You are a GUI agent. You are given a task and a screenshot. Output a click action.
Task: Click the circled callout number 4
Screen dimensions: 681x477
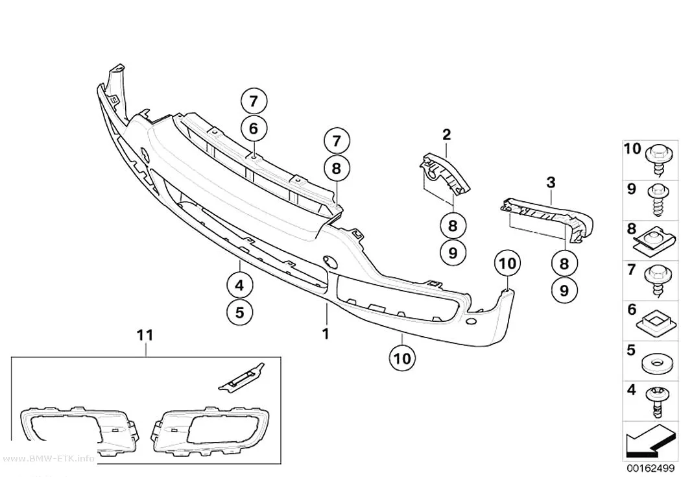click(x=240, y=286)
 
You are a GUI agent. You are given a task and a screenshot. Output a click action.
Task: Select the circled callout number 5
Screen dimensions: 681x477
click(x=240, y=312)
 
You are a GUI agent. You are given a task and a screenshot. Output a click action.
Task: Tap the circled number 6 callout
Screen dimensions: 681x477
click(x=254, y=128)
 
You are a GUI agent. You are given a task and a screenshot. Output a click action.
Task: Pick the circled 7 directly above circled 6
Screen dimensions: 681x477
click(x=254, y=102)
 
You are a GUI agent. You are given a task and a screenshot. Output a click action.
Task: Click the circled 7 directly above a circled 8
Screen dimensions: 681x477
click(x=337, y=141)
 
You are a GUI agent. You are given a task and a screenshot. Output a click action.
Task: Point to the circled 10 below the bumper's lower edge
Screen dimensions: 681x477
click(x=403, y=358)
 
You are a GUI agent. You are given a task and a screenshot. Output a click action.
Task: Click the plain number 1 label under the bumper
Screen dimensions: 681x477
click(x=326, y=334)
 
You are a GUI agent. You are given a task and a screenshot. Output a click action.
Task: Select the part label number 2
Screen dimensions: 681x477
click(x=447, y=135)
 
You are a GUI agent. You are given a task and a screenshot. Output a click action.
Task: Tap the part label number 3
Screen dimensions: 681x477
click(x=551, y=182)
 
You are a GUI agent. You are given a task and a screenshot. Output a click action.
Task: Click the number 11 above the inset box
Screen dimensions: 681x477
click(x=145, y=335)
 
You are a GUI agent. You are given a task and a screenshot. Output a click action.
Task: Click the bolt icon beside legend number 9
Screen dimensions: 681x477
click(x=659, y=200)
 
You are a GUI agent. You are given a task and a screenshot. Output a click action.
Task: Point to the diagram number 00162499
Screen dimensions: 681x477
click(x=650, y=469)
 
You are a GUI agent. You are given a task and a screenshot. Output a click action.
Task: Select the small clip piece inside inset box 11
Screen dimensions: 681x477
click(x=241, y=376)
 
